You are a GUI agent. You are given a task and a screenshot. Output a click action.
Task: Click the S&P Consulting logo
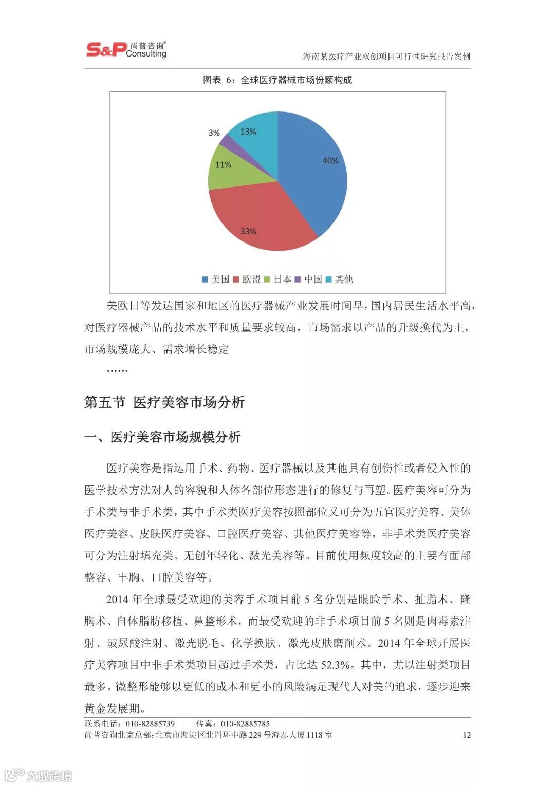pos(126,49)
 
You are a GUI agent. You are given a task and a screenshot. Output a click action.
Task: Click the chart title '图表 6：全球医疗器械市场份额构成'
pos(277,80)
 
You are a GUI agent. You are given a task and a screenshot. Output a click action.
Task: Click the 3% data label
pos(214,133)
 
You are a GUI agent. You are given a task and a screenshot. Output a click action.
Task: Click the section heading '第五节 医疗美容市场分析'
pos(164,402)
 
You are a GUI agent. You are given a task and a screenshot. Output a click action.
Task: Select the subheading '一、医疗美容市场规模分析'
pos(162,437)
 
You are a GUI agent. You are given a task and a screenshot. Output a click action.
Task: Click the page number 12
pos(467,735)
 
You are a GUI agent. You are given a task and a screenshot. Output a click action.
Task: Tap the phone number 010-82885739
pos(151,724)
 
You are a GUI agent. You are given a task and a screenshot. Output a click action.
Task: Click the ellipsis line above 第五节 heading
pos(117,370)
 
